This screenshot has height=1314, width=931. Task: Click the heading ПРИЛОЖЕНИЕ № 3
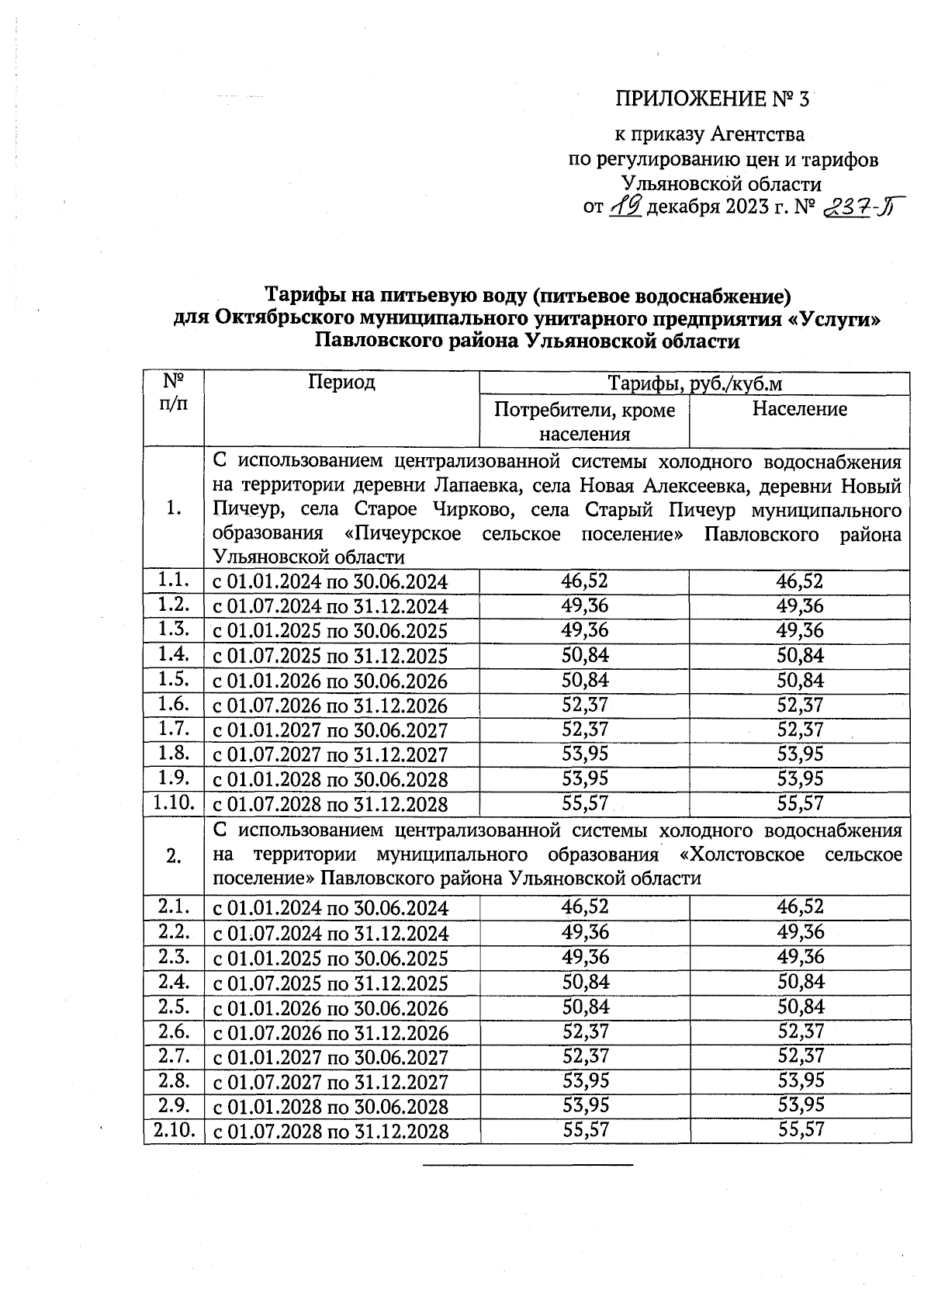tap(712, 99)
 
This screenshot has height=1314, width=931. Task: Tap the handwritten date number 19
tap(625, 207)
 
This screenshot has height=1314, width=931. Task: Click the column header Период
tap(341, 382)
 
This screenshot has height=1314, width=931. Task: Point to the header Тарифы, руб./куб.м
tap(694, 384)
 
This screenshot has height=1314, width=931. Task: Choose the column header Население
tap(799, 409)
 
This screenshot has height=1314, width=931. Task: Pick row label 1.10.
tap(174, 803)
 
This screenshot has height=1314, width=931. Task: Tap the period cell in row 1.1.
tap(331, 583)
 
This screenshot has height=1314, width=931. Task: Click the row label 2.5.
tap(174, 1007)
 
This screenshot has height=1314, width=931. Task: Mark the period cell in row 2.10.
tap(331, 1131)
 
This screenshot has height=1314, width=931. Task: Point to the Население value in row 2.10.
tap(801, 1130)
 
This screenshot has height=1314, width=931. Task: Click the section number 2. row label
tap(174, 855)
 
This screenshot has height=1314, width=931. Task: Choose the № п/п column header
tap(174, 393)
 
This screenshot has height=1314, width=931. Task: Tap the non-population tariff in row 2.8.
tap(584, 1080)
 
